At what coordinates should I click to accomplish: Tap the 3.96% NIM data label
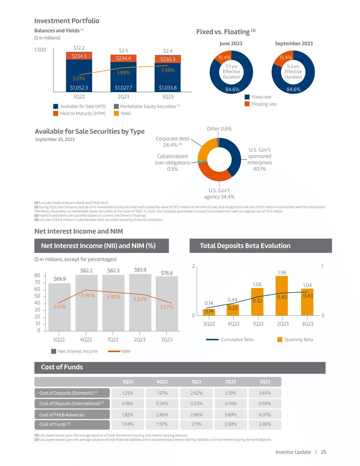click(88, 296)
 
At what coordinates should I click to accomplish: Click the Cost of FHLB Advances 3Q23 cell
click(265, 415)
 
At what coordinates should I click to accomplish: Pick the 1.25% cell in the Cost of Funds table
click(128, 393)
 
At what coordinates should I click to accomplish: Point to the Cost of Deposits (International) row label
click(72, 404)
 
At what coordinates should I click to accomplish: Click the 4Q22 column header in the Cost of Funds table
click(162, 382)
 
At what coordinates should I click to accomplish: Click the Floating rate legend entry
click(264, 104)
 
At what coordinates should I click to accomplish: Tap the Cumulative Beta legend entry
click(237, 340)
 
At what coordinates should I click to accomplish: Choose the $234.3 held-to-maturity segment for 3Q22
click(79, 56)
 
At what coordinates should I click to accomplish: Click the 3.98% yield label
click(168, 70)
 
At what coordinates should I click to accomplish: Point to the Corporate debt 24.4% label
click(172, 142)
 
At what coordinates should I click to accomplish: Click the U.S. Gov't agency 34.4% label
click(219, 194)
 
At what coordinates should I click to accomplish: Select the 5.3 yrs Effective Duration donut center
click(293, 72)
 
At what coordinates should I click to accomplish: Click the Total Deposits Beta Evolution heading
click(245, 246)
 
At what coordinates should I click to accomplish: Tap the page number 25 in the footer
click(323, 452)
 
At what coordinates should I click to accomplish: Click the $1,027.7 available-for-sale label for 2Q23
click(124, 88)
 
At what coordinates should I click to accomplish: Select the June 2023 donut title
click(231, 43)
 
